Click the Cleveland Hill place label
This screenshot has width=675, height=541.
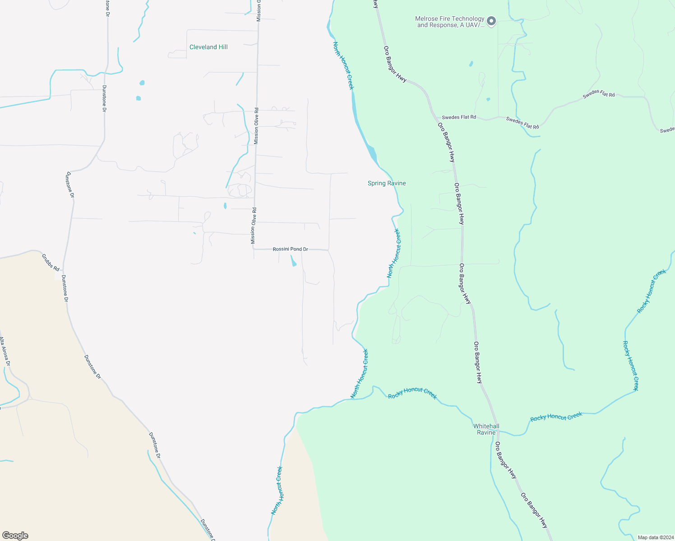click(x=208, y=47)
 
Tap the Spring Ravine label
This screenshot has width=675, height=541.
click(x=387, y=183)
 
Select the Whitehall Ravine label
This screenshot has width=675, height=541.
click(x=486, y=429)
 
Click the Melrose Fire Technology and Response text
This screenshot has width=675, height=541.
click(x=450, y=22)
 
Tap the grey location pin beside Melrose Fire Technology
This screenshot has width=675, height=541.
click(x=492, y=21)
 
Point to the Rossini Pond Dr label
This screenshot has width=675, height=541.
click(x=290, y=249)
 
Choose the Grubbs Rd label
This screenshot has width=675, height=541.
click(x=51, y=263)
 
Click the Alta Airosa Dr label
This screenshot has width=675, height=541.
click(x=5, y=351)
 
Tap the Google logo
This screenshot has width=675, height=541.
click(x=15, y=536)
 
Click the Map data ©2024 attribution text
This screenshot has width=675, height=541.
click(x=655, y=537)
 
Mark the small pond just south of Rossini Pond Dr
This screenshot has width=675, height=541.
click(x=293, y=261)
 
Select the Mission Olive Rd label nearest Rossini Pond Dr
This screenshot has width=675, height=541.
click(x=254, y=225)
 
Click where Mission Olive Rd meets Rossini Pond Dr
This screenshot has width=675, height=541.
click(x=254, y=248)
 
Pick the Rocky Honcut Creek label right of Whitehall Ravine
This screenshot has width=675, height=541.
click(x=556, y=417)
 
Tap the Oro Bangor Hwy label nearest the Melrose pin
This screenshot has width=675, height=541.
click(x=395, y=64)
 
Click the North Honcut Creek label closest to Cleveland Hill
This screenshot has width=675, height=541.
click(x=343, y=65)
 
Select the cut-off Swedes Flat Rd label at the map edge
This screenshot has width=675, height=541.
click(x=667, y=130)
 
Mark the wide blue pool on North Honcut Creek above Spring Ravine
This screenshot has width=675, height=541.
click(x=372, y=151)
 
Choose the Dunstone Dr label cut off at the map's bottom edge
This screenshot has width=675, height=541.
click(x=208, y=530)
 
